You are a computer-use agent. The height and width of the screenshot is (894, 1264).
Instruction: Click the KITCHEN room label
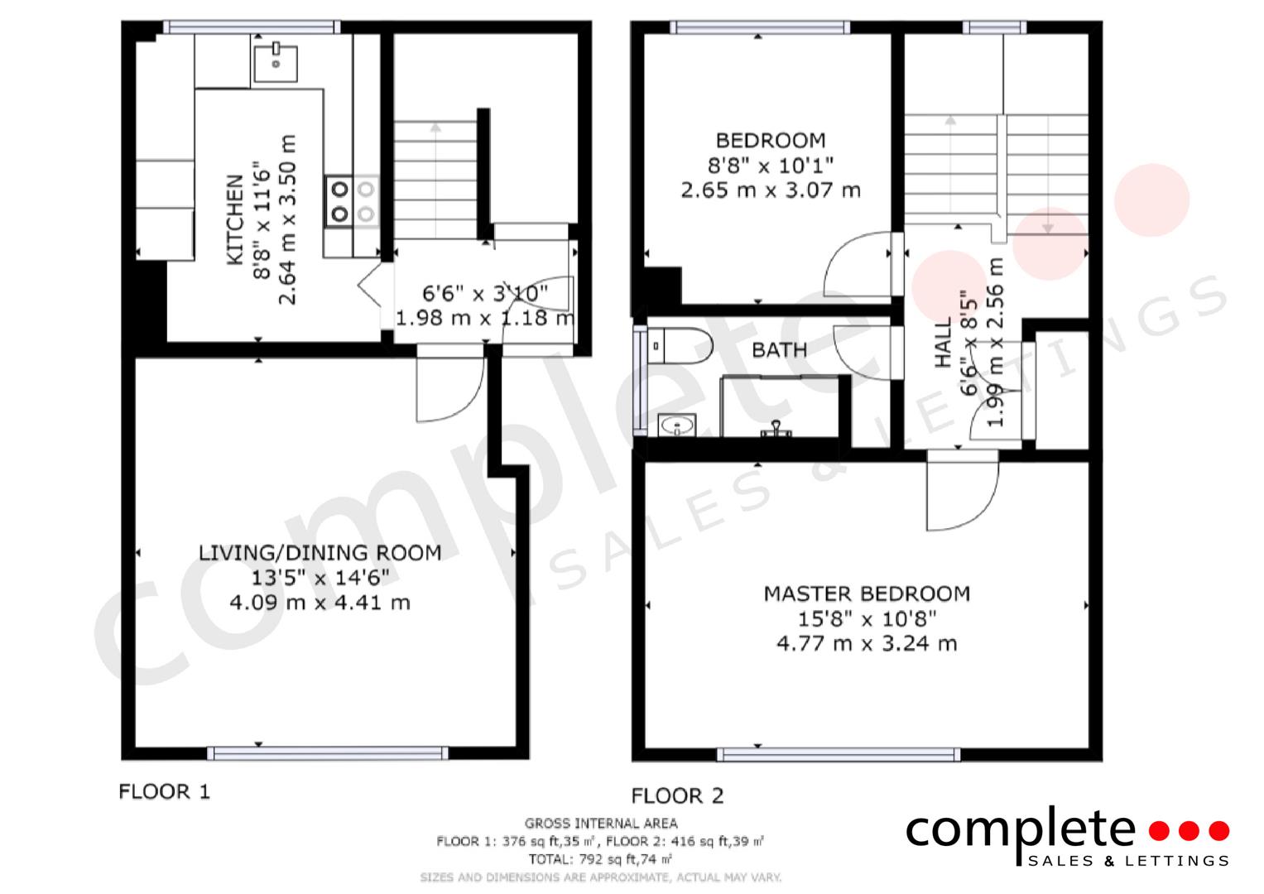point(234,219)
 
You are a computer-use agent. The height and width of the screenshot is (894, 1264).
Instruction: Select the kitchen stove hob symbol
point(352,201)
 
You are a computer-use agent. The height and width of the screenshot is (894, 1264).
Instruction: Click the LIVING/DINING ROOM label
point(320,553)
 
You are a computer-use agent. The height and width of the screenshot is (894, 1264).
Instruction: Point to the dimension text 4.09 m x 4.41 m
point(320,603)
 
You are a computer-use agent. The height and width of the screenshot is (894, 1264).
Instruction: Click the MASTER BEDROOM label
point(866,594)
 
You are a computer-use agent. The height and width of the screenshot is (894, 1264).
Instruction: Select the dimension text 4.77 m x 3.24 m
point(866,643)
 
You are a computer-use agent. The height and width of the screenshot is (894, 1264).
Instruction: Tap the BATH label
point(779,350)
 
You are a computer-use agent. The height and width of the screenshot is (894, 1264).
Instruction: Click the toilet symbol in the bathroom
point(680,345)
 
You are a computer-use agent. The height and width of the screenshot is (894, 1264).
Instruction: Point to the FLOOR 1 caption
point(165,792)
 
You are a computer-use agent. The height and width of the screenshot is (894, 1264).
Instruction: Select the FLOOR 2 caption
point(677,796)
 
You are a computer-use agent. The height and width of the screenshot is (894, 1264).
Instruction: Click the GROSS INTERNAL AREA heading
point(600,823)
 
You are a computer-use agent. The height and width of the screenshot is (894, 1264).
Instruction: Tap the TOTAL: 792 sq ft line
point(600,859)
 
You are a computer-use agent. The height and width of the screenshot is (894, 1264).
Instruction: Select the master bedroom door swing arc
point(963,497)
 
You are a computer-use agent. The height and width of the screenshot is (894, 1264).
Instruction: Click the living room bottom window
point(327,752)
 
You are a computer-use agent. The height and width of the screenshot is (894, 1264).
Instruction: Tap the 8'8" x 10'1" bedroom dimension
point(770,165)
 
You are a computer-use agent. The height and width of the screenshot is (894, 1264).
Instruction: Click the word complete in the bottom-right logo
point(1020,830)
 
